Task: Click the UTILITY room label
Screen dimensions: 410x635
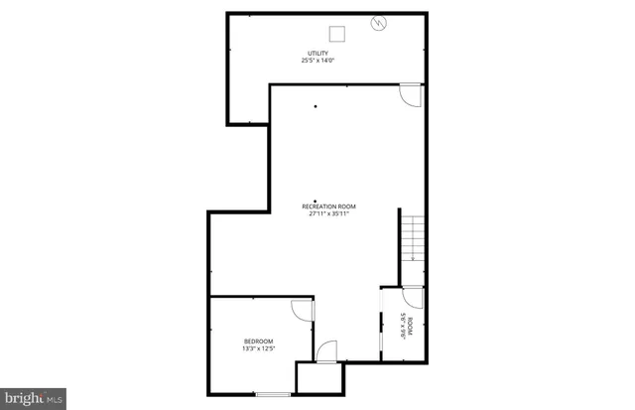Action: [x=318, y=53]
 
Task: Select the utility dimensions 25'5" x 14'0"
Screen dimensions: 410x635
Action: [x=318, y=61]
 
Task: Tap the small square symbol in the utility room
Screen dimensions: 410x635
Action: [x=339, y=34]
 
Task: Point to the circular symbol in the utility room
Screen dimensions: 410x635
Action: [x=378, y=23]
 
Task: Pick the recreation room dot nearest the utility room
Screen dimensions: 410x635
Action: [x=316, y=106]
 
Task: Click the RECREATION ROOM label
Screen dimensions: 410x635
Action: [x=328, y=206]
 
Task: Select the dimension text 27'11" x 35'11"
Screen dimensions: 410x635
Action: [x=328, y=213]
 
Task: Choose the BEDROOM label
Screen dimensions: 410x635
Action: [x=258, y=341]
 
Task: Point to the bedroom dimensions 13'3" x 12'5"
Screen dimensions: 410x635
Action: [x=258, y=348]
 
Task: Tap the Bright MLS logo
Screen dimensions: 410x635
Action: [x=33, y=398]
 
